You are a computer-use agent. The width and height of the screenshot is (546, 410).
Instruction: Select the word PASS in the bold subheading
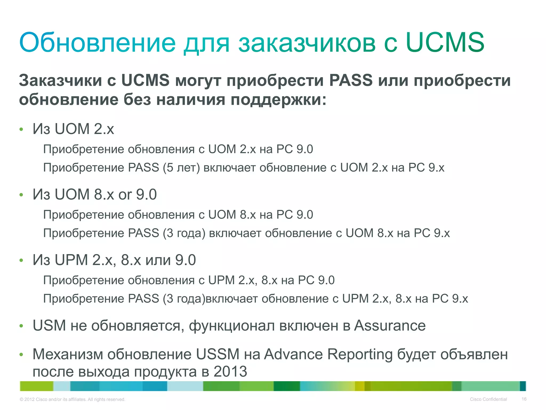click(351, 80)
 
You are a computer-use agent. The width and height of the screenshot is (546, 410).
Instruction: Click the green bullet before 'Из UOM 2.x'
click(21, 130)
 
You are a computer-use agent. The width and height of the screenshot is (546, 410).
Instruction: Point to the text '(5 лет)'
click(181, 168)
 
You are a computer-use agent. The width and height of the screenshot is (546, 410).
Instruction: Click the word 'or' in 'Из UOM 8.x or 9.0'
click(125, 194)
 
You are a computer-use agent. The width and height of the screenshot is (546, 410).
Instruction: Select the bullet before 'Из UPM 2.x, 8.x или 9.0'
click(21, 261)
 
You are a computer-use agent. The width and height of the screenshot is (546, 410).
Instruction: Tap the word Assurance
click(390, 325)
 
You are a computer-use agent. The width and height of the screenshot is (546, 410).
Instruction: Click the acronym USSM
click(218, 354)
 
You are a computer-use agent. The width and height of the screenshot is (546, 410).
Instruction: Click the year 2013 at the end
click(230, 372)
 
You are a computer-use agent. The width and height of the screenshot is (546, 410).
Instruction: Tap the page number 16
click(524, 399)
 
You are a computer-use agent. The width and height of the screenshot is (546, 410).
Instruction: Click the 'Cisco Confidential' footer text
click(488, 399)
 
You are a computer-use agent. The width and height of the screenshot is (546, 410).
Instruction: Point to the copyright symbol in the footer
click(21, 400)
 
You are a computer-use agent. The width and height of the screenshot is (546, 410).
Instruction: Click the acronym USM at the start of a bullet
click(49, 325)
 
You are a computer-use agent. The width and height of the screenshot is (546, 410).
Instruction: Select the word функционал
click(232, 326)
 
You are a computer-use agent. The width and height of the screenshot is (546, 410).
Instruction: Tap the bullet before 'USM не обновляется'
click(21, 326)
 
